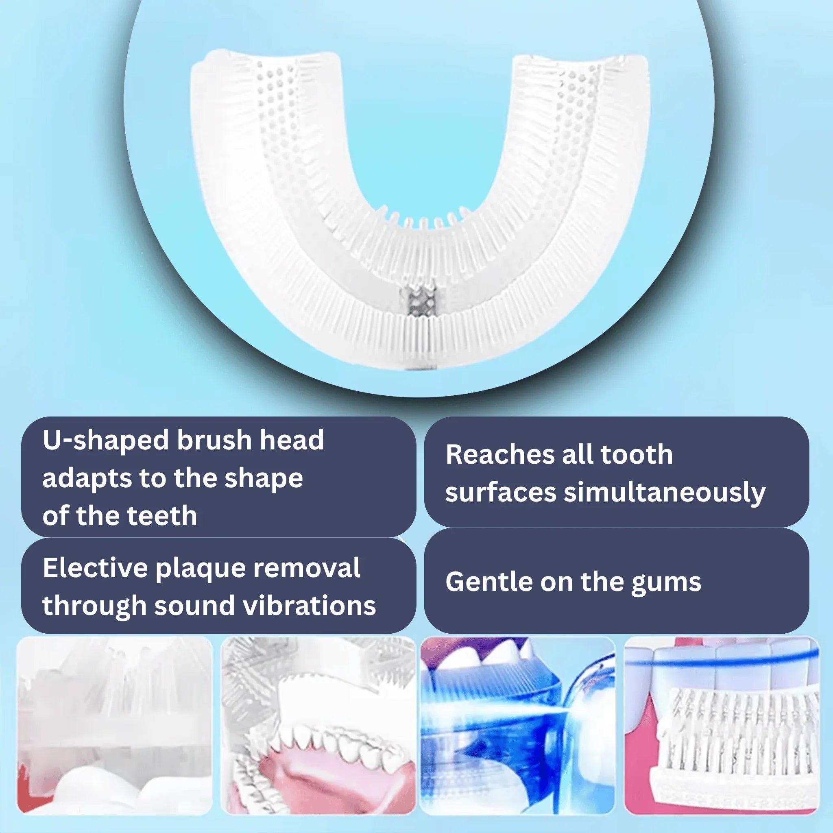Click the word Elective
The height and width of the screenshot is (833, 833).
(95, 568)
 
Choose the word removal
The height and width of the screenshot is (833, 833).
(307, 568)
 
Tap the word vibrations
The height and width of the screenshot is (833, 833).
(310, 605)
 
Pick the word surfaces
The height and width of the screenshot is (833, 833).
(501, 493)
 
